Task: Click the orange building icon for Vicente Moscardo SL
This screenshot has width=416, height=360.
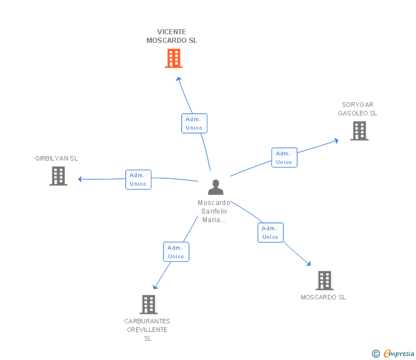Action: coord(174,58)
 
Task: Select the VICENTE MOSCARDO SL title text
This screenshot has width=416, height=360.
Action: coord(171,37)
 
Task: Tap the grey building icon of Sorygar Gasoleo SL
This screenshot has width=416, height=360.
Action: coord(359,131)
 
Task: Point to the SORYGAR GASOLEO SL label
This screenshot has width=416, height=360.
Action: coord(358,109)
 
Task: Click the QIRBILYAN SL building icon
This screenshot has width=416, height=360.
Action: coord(58,176)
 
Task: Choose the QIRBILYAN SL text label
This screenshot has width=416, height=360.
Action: coord(57,158)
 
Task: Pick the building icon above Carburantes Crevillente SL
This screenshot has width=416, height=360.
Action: coord(148,305)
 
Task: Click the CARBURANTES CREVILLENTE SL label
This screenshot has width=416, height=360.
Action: coord(147,330)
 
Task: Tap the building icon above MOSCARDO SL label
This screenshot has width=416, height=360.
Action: coord(324,281)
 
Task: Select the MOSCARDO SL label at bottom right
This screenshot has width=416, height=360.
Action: coord(323,297)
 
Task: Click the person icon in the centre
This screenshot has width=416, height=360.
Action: coord(215,187)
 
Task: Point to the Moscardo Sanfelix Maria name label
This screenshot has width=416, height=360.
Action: coord(214,211)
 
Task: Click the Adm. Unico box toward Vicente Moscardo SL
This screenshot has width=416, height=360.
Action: coord(194,123)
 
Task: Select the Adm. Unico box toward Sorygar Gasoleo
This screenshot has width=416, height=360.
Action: coord(284,158)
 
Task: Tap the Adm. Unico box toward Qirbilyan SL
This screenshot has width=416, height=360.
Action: coord(138,179)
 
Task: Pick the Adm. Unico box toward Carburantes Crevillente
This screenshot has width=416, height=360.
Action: coord(176,252)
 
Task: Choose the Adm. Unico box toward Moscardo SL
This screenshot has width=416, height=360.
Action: coord(270,233)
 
